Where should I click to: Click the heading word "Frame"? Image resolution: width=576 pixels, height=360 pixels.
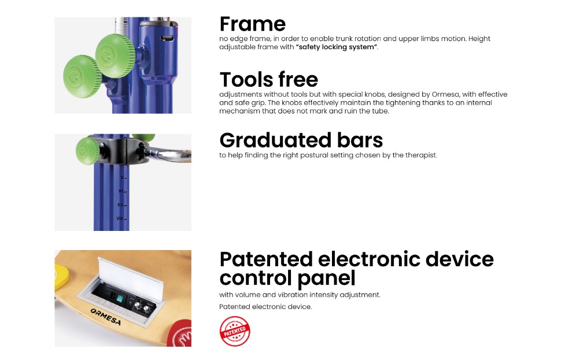click(x=252, y=24)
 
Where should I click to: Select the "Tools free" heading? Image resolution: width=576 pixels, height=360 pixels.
click(x=268, y=79)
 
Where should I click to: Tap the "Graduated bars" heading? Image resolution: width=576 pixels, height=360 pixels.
click(x=301, y=140)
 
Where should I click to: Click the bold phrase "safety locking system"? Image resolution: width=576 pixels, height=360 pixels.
click(x=337, y=47)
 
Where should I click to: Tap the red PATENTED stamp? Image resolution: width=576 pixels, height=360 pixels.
click(x=235, y=331)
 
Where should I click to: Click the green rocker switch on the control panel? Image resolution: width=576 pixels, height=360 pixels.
click(x=119, y=297)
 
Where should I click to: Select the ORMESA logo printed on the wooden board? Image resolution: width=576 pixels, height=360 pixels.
click(x=105, y=317)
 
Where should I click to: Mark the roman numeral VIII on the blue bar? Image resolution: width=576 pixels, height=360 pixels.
click(x=120, y=218)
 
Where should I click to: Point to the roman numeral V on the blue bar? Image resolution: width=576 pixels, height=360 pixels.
click(x=122, y=177)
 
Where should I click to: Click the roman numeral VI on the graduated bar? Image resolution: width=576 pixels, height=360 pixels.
click(x=121, y=191)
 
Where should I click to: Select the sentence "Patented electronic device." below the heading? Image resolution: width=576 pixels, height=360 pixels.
click(x=265, y=307)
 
